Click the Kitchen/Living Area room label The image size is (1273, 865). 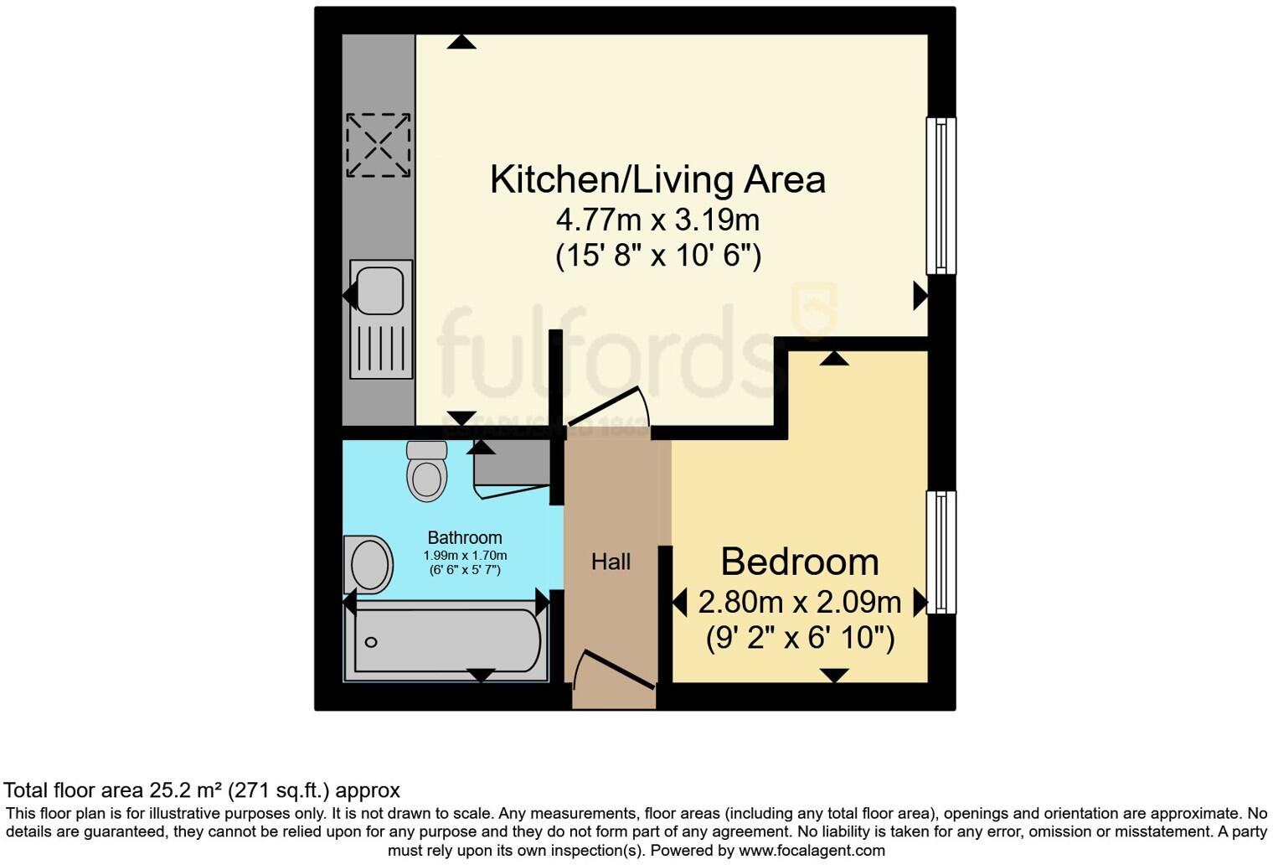pos(657,179)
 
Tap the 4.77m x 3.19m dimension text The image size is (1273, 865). pos(657,220)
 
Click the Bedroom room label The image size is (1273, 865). pos(799,562)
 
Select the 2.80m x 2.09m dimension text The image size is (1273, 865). pos(799,602)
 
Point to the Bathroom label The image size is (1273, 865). pos(465,538)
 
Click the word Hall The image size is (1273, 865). pos(611,562)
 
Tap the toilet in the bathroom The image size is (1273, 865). pos(427,473)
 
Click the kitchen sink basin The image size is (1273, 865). pos(380,290)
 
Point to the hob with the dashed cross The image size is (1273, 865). pos(379,145)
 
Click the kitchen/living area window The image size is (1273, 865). pos(941,195)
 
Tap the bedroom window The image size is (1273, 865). pos(941,552)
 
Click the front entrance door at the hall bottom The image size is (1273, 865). pos(616,671)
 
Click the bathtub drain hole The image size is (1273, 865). pos(371,642)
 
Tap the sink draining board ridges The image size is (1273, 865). pos(381,347)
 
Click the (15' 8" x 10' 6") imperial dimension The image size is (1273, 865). pos(657,255)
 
